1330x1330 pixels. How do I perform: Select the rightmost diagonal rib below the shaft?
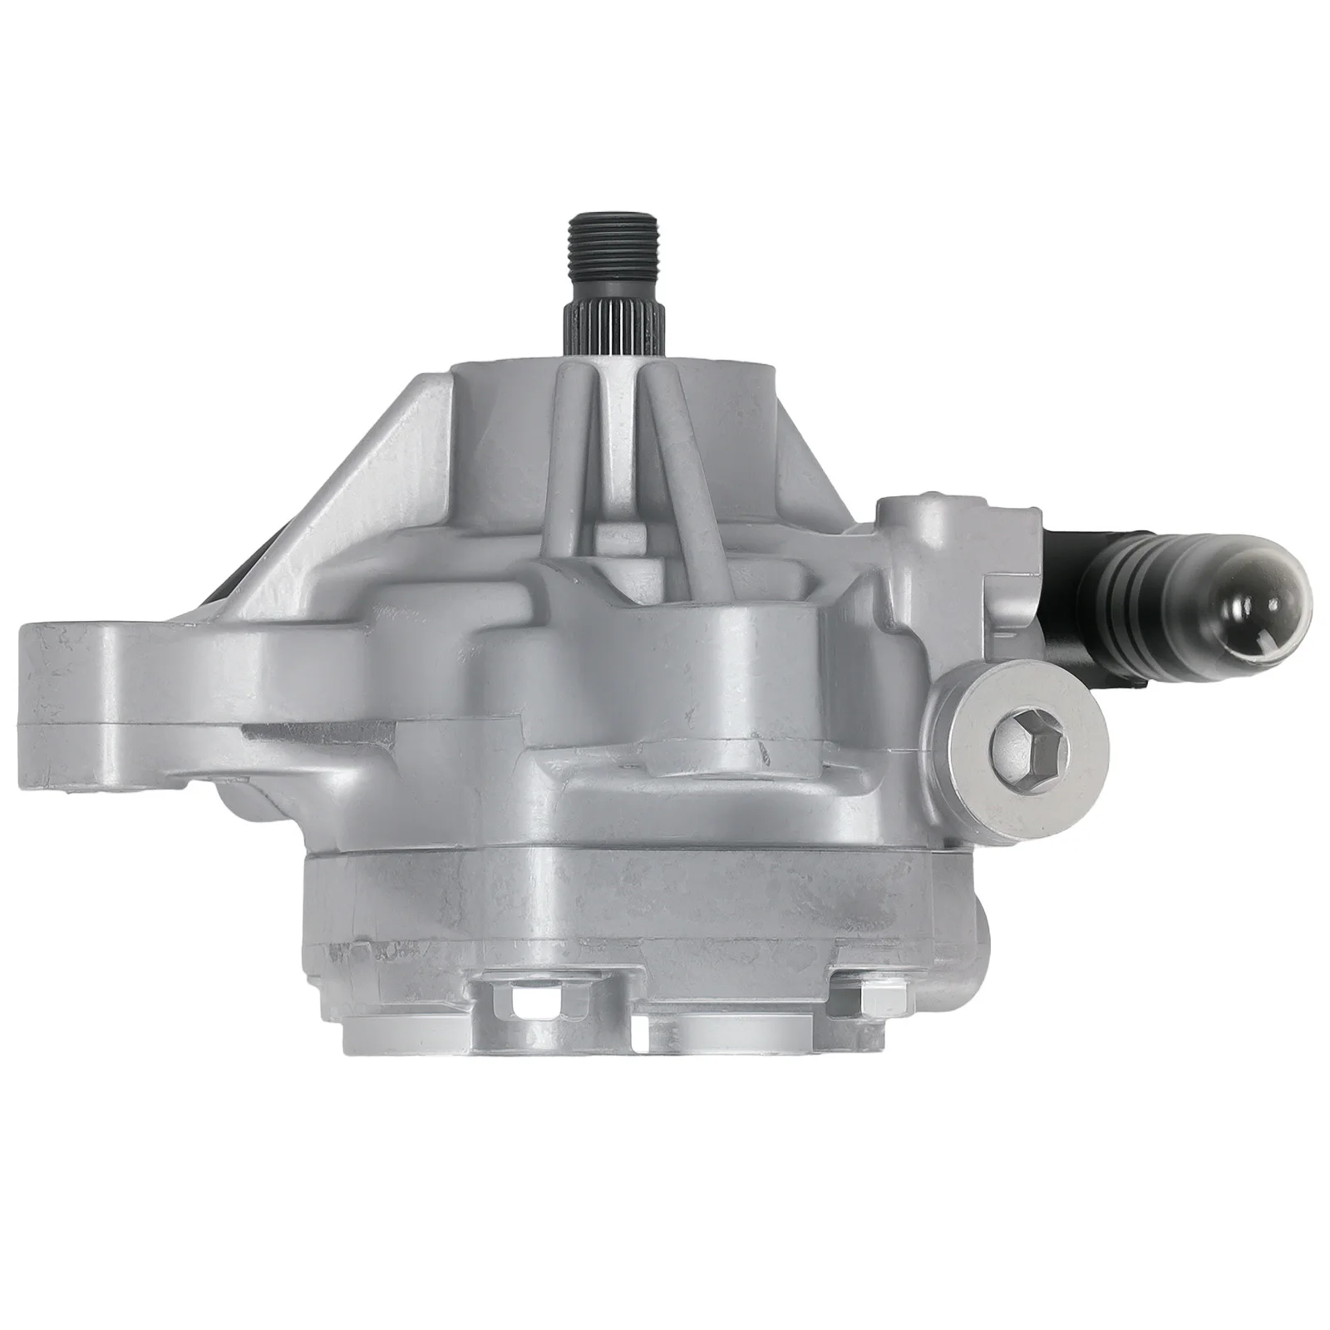pos(665,482)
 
